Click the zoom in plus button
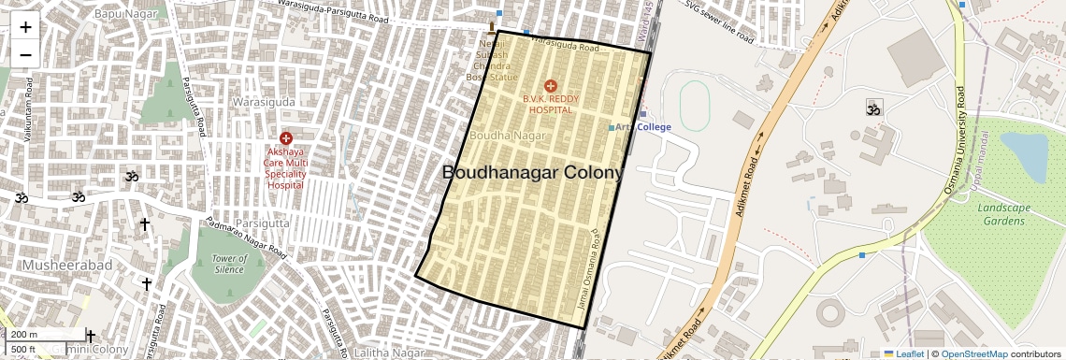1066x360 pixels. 25,26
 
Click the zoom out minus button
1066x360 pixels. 25,54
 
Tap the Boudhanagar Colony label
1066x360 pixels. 531,173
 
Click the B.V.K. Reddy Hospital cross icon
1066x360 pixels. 550,86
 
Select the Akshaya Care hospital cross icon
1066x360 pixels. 285,137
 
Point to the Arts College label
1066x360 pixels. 646,127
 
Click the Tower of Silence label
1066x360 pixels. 229,264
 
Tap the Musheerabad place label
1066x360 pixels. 55,266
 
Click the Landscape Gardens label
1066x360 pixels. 1001,214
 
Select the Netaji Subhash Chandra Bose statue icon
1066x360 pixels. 492,26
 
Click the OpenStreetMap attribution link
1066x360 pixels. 973,353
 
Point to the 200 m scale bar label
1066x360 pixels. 24,335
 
